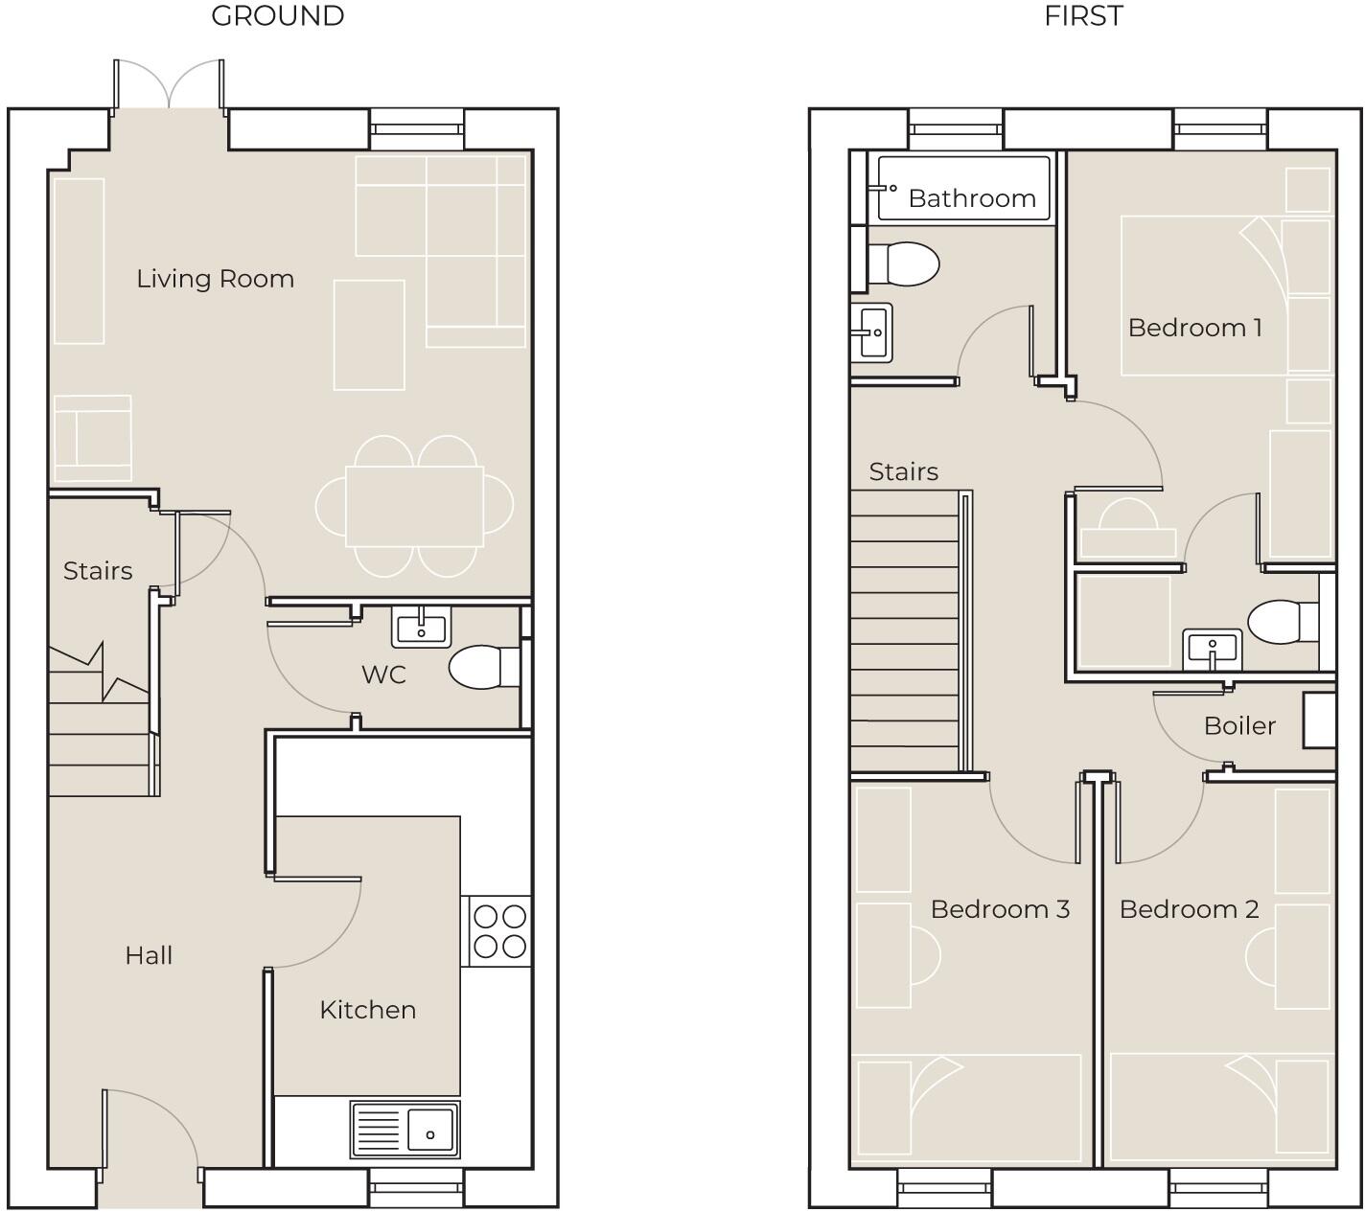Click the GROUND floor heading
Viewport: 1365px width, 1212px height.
click(x=277, y=16)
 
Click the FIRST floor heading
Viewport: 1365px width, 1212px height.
click(x=1083, y=16)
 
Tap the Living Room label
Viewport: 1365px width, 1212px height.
click(x=215, y=279)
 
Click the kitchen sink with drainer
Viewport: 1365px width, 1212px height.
click(x=405, y=1129)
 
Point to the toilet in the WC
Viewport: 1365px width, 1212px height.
click(x=479, y=667)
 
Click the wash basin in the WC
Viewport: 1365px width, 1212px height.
click(x=421, y=628)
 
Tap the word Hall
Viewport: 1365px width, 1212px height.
click(x=149, y=955)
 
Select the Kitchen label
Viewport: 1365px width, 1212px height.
click(x=367, y=1010)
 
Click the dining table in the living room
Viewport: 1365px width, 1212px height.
click(x=414, y=505)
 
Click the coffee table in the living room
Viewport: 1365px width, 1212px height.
click(x=369, y=335)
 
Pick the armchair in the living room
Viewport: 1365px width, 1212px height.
click(x=93, y=438)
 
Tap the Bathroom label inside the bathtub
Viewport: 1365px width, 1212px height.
click(x=972, y=198)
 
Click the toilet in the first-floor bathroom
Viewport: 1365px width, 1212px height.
click(x=905, y=263)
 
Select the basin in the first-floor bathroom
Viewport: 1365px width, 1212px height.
click(x=873, y=332)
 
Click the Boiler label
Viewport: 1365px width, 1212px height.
click(x=1239, y=726)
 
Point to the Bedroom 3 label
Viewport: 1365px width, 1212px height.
click(x=1000, y=909)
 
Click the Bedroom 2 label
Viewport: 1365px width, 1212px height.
click(x=1189, y=909)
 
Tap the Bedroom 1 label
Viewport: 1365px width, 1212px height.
click(x=1194, y=328)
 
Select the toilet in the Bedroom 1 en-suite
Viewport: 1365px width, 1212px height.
click(x=1285, y=622)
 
